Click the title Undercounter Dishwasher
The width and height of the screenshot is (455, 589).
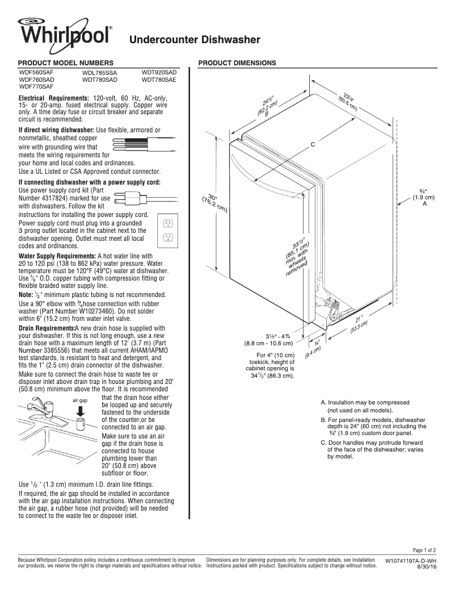coord(195,40)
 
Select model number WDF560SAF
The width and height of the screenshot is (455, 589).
coord(37,73)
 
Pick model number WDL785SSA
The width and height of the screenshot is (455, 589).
coord(100,73)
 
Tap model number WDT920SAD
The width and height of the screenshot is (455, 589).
coord(159,73)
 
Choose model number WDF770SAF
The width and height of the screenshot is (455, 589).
coord(37,87)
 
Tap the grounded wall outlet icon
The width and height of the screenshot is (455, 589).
coord(168,231)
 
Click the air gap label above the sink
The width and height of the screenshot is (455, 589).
coord(79,400)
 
